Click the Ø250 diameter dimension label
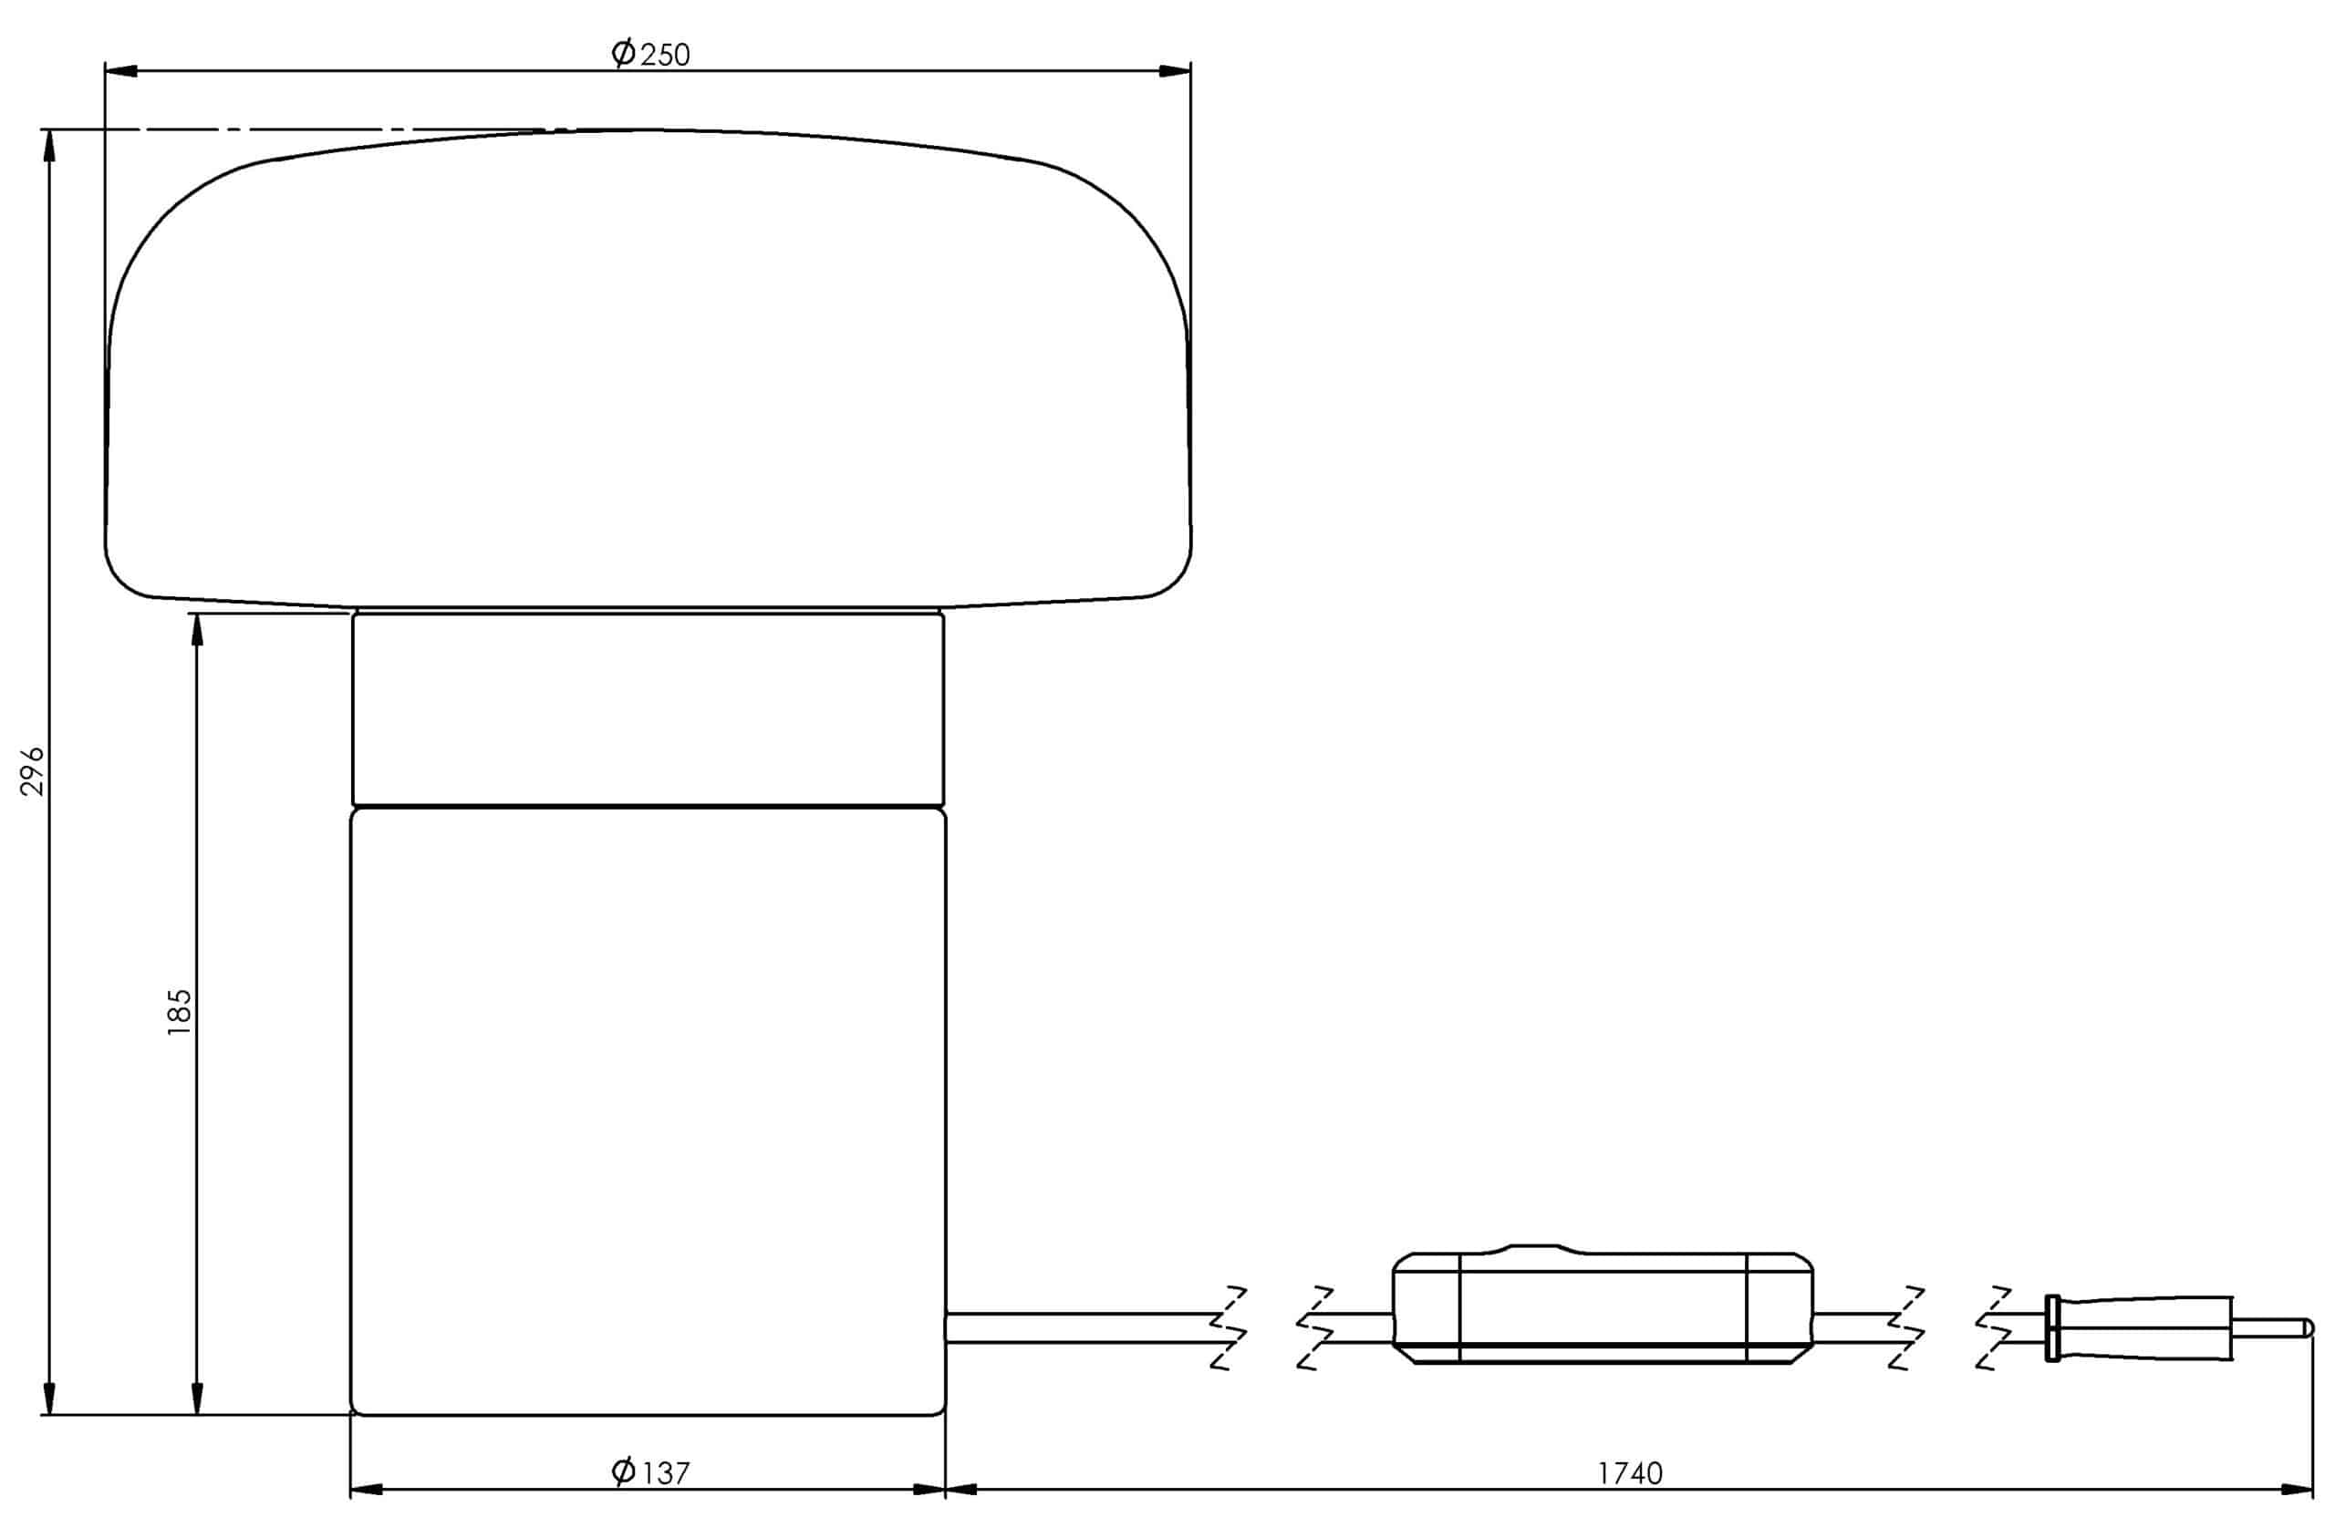click(650, 53)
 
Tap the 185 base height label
click(179, 1012)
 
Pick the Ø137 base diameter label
click(650, 1472)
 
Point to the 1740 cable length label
click(1630, 1473)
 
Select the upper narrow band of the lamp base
click(648, 708)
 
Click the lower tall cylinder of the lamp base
click(648, 1109)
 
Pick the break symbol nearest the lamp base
click(1229, 1327)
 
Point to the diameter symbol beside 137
click(623, 1471)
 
